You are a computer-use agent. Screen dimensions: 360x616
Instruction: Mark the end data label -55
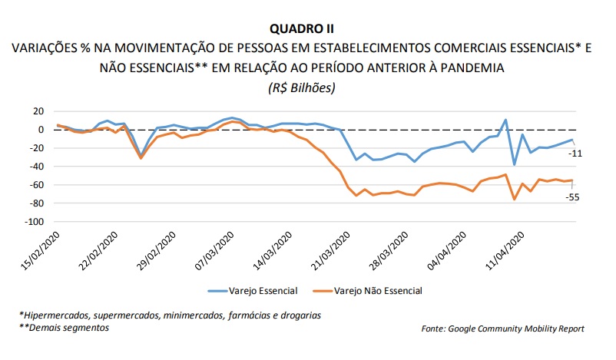coord(573,197)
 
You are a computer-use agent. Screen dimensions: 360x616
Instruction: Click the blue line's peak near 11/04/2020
coord(505,120)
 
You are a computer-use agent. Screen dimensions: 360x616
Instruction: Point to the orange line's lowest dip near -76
coord(514,200)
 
